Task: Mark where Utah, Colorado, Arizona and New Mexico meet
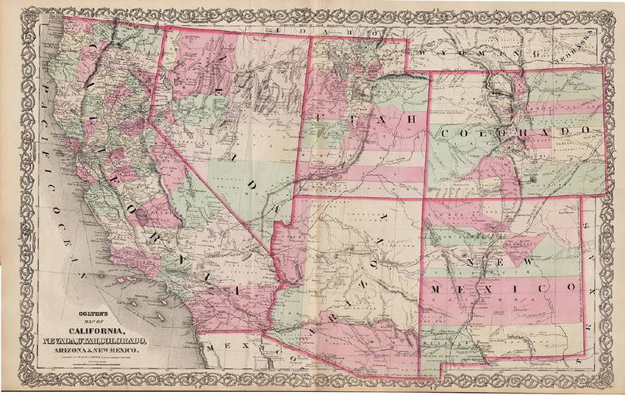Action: (423, 198)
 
